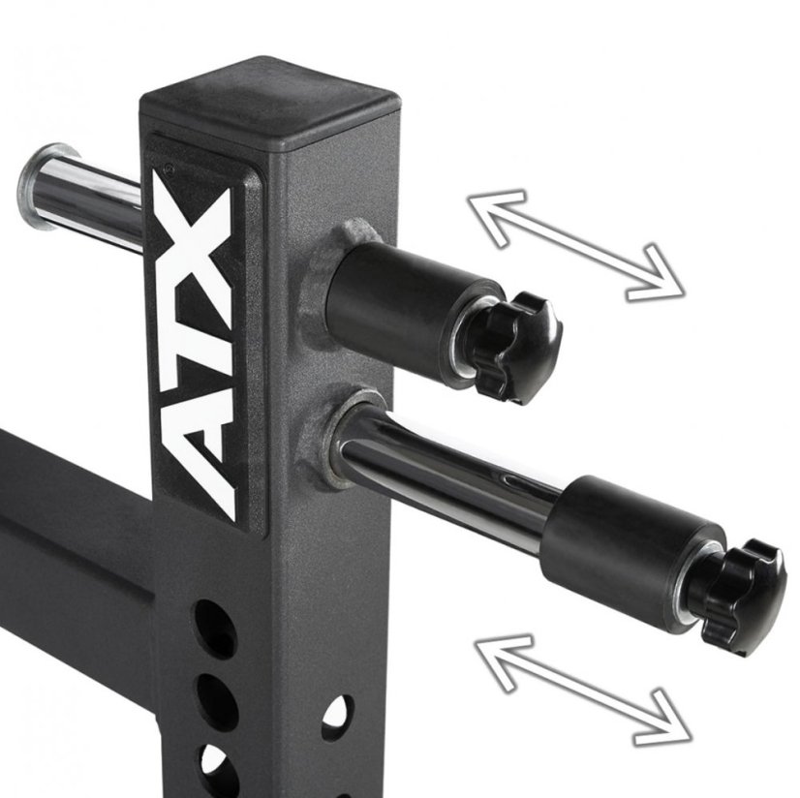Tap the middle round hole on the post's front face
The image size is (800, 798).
click(215, 695)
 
